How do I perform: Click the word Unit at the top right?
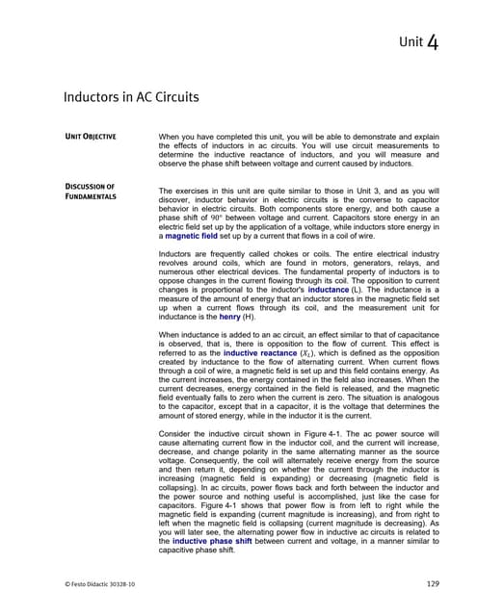point(410,43)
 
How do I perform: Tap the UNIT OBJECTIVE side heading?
point(90,137)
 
